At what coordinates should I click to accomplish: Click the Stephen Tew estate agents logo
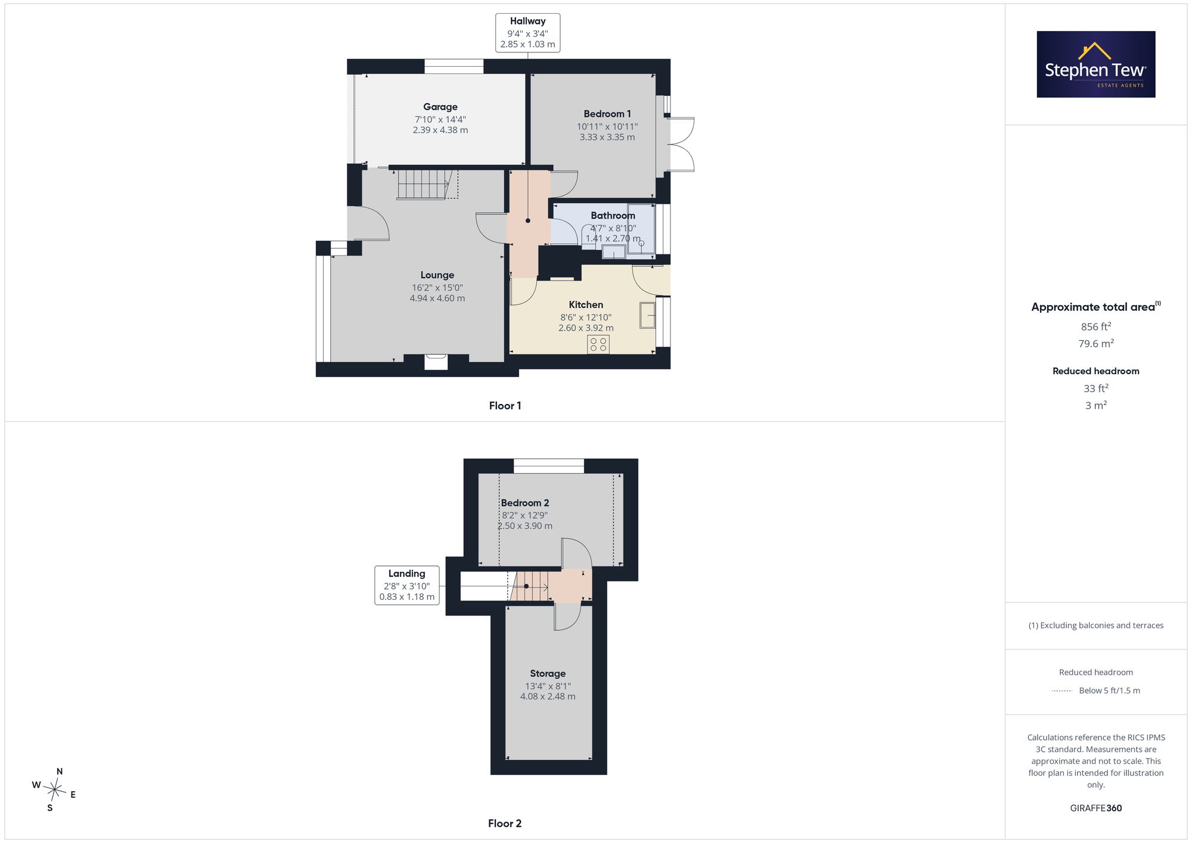[x=1095, y=64]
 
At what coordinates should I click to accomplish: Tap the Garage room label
[x=440, y=107]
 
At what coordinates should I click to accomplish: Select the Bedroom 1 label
[x=607, y=114]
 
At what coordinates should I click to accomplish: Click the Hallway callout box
[x=527, y=33]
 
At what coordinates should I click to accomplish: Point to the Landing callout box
[x=407, y=585]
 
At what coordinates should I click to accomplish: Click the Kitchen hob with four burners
[x=598, y=344]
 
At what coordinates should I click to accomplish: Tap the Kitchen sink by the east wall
[x=647, y=315]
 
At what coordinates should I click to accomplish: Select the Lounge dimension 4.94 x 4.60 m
[x=437, y=298]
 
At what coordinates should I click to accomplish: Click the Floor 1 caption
[x=505, y=406]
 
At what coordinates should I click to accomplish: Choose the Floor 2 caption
[x=505, y=823]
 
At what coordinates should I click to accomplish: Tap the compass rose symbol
[x=54, y=790]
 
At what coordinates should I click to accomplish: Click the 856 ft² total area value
[x=1096, y=326]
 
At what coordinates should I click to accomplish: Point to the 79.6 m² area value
[x=1096, y=344]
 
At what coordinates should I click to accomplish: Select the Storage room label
[x=548, y=674]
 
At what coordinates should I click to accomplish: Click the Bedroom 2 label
[x=525, y=503]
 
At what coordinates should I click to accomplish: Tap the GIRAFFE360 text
[x=1096, y=808]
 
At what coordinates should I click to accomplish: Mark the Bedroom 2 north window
[x=549, y=466]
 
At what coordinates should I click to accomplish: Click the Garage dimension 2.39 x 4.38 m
[x=440, y=130]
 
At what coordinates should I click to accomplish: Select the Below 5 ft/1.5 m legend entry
[x=1109, y=690]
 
